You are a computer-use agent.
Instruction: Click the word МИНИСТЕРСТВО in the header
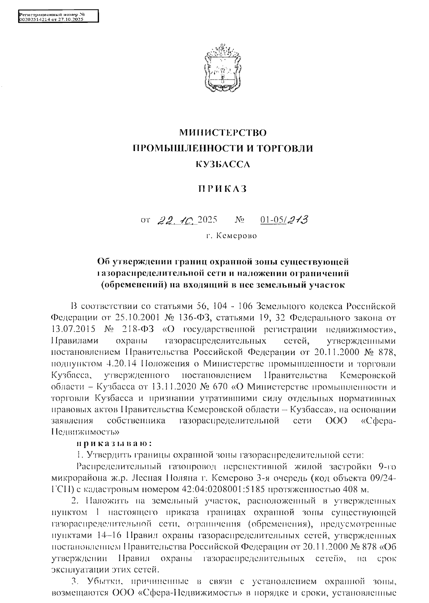(x=223, y=133)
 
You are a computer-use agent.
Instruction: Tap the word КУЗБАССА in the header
(x=223, y=165)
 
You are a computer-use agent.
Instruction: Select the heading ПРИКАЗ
(x=223, y=189)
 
